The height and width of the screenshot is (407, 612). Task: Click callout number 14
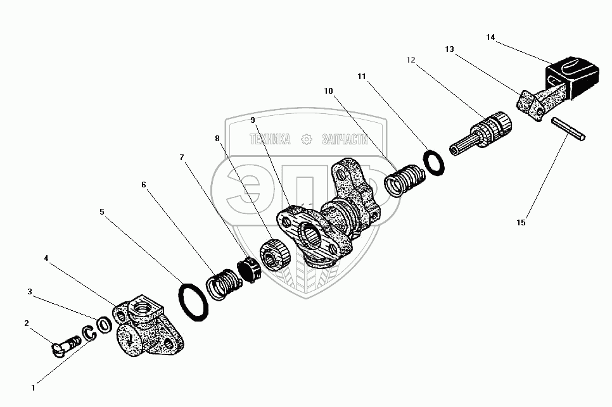pos(490,37)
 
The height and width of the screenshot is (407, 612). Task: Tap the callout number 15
pos(521,223)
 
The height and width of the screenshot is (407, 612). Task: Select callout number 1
pos(33,388)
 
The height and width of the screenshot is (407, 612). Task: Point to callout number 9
pos(253,120)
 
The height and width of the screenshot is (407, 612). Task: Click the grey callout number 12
pos(411,59)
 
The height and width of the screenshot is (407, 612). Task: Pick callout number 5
pos(102,211)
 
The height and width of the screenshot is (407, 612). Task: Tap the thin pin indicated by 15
pos(568,129)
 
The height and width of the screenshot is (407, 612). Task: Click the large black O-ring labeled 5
pos(193,303)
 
